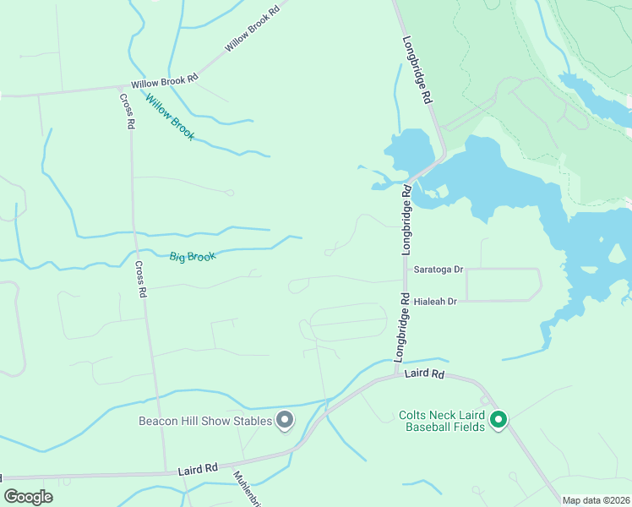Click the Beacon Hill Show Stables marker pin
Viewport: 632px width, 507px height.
[x=285, y=420]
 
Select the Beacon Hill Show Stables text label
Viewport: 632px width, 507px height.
[x=206, y=421]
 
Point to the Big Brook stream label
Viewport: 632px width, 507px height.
[x=193, y=256]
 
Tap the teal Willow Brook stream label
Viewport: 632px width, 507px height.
[x=169, y=117]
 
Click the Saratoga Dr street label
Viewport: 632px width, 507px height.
[x=439, y=270]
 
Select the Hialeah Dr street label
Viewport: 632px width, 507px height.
[x=435, y=301]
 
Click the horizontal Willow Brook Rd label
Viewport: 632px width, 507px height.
[x=164, y=81]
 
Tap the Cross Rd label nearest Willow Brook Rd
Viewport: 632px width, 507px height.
[x=127, y=111]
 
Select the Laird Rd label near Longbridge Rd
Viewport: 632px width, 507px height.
[x=424, y=373]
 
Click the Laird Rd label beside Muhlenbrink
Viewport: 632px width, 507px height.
[x=199, y=466]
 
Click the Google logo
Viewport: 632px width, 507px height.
[x=29, y=496]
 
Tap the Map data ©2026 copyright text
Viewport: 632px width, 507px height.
[x=596, y=500]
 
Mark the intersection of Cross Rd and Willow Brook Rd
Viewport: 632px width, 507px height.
[x=121, y=87]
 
